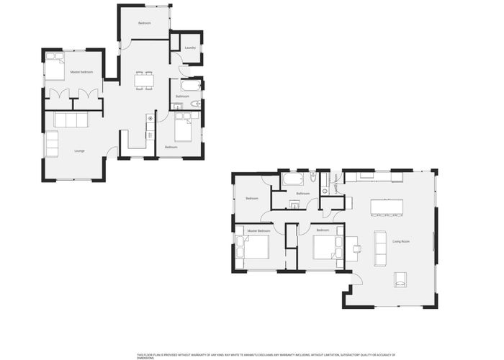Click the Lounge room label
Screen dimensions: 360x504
pos(79,150)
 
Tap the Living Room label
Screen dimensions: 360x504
pos(401,241)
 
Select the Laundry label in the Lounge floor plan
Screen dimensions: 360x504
pos(189,48)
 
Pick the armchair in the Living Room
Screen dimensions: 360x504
pos(400,279)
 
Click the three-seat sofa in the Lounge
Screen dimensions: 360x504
pos(71,120)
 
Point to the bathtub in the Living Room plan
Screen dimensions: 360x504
pos(293,179)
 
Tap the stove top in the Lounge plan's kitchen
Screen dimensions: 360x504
pos(150,119)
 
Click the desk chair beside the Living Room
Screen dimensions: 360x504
pos(356,248)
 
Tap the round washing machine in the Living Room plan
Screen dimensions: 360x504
pos(325,190)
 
